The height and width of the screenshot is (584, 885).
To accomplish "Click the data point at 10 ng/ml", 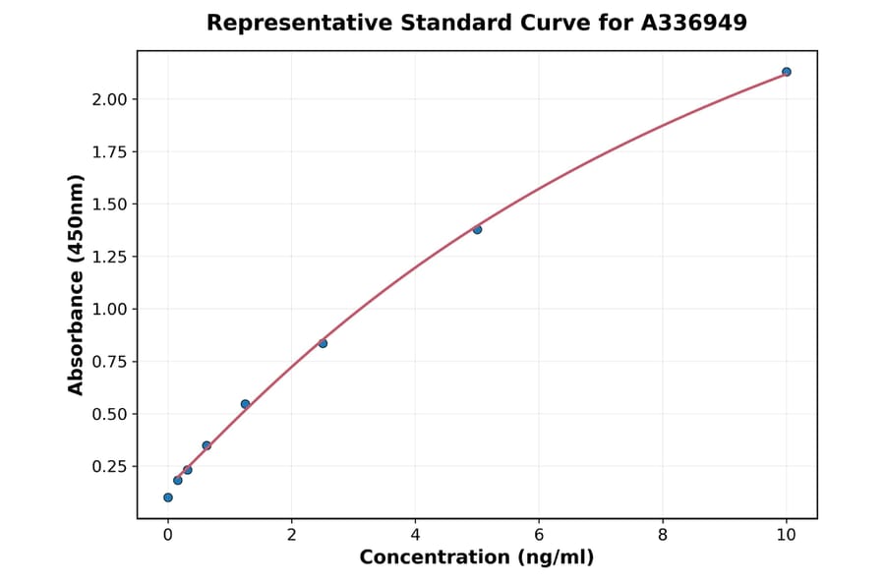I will pyautogui.click(x=786, y=72).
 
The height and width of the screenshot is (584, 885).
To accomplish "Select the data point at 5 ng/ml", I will pyautogui.click(x=477, y=229).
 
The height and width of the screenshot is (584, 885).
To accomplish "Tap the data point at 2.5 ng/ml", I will pyautogui.click(x=323, y=343).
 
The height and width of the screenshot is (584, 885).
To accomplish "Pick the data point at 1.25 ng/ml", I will pyautogui.click(x=245, y=404).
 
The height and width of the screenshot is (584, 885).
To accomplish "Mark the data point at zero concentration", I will pyautogui.click(x=168, y=497).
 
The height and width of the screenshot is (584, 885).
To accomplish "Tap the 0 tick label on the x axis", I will pyautogui.click(x=168, y=535).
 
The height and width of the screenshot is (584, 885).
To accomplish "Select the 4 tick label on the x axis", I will pyautogui.click(x=415, y=535).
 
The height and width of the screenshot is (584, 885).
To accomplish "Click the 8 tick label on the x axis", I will pyautogui.click(x=663, y=535).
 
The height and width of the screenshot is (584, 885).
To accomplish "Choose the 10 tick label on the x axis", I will pyautogui.click(x=786, y=535).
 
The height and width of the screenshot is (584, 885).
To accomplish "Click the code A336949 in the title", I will pyautogui.click(x=694, y=23).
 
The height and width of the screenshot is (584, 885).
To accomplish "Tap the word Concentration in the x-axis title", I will pyautogui.click(x=434, y=557).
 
